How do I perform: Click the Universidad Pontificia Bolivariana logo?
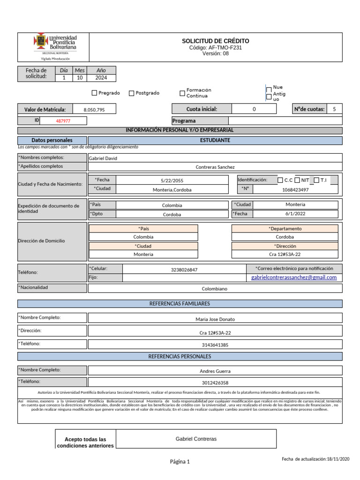pyautogui.click(x=55, y=44)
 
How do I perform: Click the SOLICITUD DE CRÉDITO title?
pyautogui.click(x=215, y=41)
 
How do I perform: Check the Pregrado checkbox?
pyautogui.click(x=95, y=93)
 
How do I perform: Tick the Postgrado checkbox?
pyautogui.click(x=131, y=93)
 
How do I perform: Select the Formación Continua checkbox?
pyautogui.click(x=182, y=93)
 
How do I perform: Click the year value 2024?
pyautogui.click(x=101, y=78)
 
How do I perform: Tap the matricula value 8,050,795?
pyautogui.click(x=94, y=110)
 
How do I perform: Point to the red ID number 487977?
pyautogui.click(x=63, y=121)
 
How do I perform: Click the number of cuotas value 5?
pyautogui.click(x=334, y=109)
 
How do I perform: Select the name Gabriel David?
pyautogui.click(x=103, y=158)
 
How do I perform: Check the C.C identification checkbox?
pyautogui.click(x=280, y=180)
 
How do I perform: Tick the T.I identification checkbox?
pyautogui.click(x=316, y=180)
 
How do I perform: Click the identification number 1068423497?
pyautogui.click(x=295, y=190)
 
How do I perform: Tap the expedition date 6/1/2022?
pyautogui.click(x=295, y=214)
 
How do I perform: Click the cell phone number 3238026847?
pyautogui.click(x=184, y=270)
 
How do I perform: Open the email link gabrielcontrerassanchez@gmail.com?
pyautogui.click(x=294, y=277)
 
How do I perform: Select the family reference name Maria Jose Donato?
pyautogui.click(x=215, y=320)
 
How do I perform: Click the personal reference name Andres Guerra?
pyautogui.click(x=215, y=371)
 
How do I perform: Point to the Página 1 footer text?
pyautogui.click(x=180, y=462)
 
